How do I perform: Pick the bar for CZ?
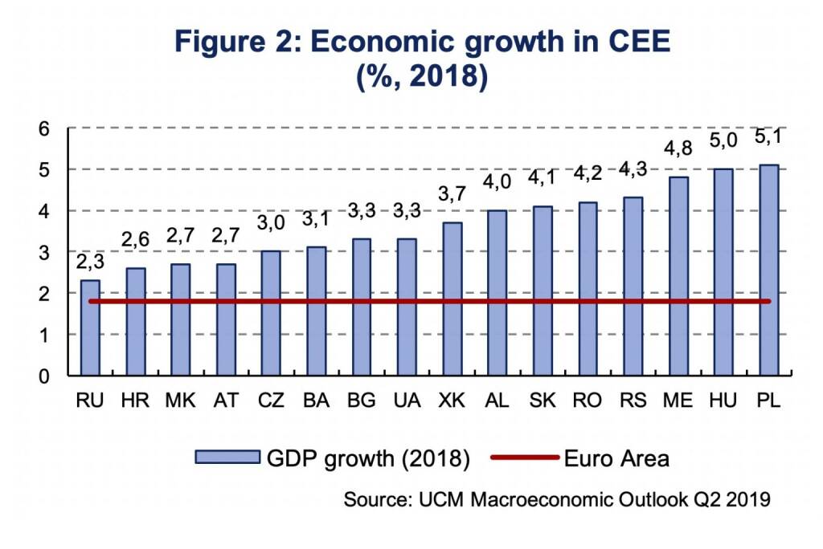tap(271, 313)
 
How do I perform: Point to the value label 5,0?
tap(724, 142)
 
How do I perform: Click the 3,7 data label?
tap(452, 195)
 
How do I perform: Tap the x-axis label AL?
tap(497, 400)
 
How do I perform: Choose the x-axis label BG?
tap(361, 400)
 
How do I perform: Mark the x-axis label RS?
tap(633, 400)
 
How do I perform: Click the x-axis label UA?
tap(406, 400)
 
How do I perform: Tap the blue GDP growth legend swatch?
tap(227, 458)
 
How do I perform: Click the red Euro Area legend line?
tap(524, 458)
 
